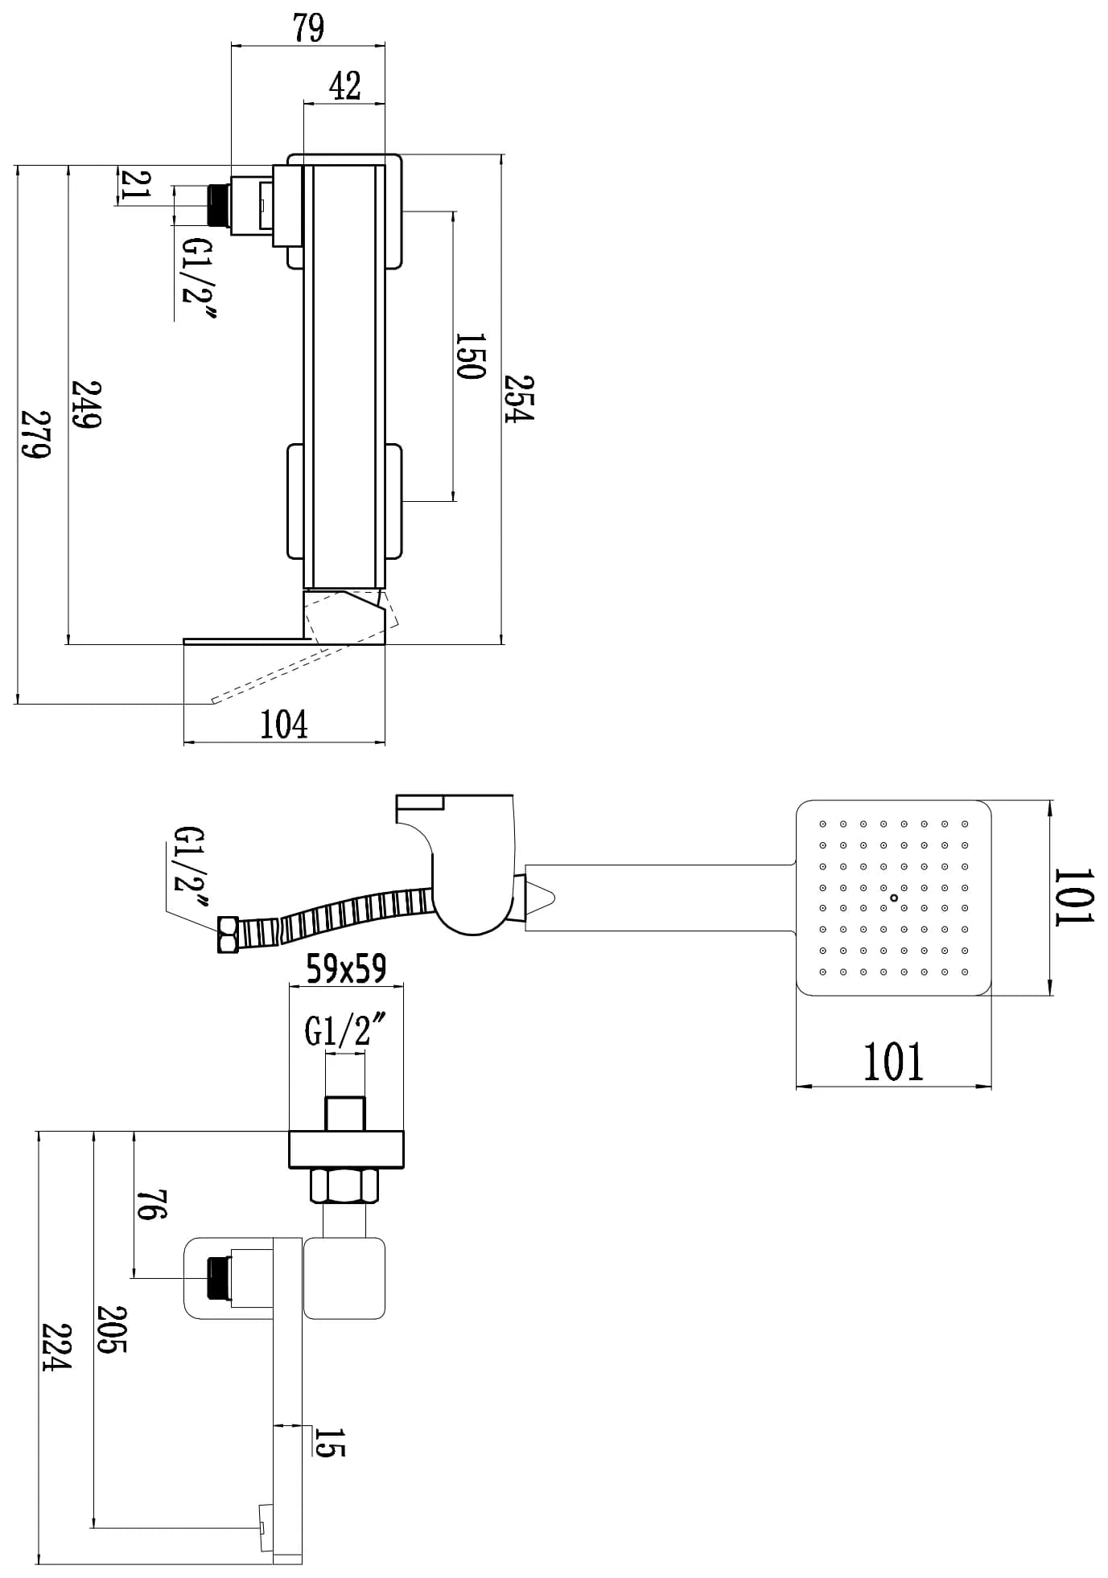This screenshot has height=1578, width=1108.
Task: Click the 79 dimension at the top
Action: (x=308, y=28)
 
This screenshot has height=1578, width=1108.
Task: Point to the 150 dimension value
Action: (x=470, y=355)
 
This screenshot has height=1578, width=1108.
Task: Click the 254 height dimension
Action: (x=519, y=397)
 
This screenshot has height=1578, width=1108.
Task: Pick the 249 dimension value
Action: (x=85, y=405)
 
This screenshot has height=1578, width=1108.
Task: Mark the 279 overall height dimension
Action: (x=35, y=434)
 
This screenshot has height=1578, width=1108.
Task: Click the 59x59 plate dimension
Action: (x=345, y=969)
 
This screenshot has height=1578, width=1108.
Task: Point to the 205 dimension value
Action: (x=112, y=1328)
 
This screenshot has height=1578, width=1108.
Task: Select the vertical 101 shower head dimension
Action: (x=1074, y=897)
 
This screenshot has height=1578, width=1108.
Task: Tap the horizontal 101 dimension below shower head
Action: (x=893, y=1062)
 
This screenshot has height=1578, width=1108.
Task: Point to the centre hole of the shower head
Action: (x=894, y=898)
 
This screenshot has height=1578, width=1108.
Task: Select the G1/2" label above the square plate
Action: (x=344, y=1030)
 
